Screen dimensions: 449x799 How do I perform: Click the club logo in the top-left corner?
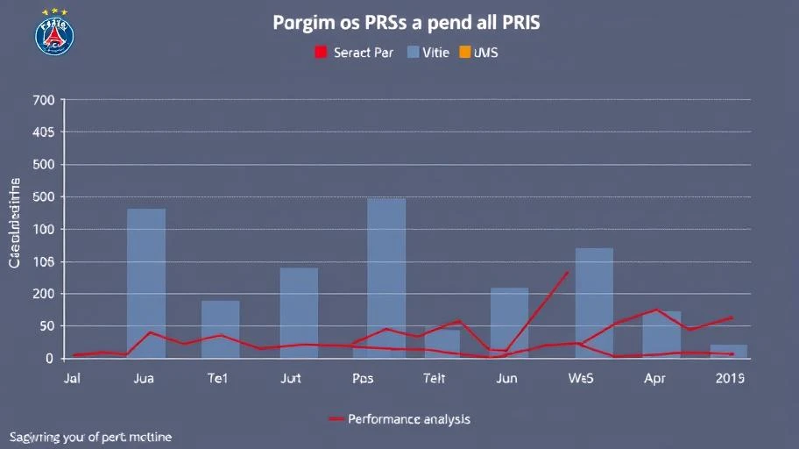54,35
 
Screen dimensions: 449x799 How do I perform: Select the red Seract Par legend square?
320,53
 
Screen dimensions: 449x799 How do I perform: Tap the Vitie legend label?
435,53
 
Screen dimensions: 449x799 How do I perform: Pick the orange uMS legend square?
464,53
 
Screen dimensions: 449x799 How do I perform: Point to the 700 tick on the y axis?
44,101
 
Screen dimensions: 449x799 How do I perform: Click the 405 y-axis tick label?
44,132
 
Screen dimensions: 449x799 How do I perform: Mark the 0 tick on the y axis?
50,359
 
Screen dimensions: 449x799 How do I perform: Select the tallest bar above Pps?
386,278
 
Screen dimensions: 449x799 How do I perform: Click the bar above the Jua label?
146,283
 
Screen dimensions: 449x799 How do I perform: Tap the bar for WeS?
594,303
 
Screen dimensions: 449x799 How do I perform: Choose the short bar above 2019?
729,352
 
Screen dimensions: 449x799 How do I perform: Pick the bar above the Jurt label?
299,312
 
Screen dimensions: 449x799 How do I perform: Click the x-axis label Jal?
74,380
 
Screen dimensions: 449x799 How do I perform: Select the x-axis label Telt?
435,380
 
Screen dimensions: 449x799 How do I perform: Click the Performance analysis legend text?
408,419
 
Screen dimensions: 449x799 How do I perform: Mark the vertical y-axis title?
15,223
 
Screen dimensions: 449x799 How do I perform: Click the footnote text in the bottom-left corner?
90,437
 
